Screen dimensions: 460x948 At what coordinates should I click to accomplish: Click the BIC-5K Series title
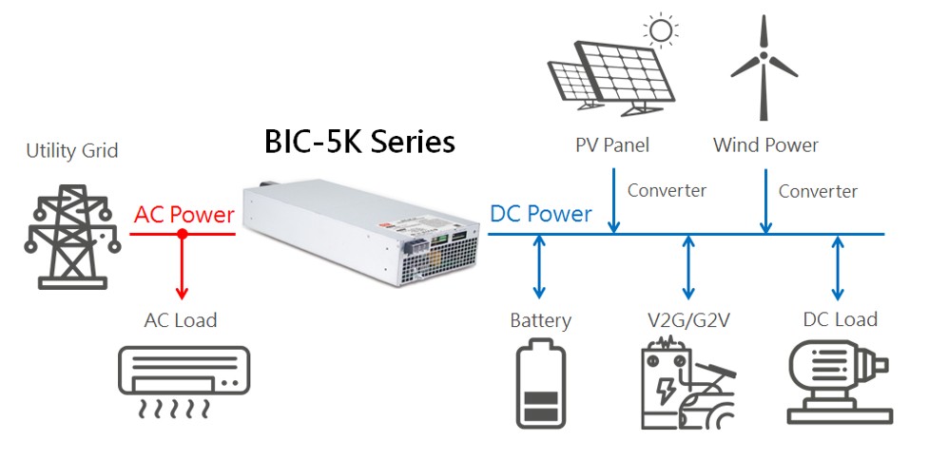pos(359,143)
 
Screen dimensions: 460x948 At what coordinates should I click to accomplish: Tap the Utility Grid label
pos(72,150)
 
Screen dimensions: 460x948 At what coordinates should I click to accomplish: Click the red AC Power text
pos(184,215)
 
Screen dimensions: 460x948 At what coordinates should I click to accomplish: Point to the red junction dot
pos(181,234)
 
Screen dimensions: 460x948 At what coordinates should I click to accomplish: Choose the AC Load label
pos(181,319)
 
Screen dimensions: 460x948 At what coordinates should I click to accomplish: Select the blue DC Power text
pos(541,214)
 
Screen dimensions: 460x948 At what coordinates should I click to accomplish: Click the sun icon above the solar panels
pos(658,29)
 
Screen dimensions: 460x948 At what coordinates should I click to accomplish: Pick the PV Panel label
pos(612,145)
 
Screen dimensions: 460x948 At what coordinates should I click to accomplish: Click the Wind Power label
pos(765,145)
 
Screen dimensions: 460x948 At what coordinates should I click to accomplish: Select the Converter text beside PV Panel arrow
pos(667,191)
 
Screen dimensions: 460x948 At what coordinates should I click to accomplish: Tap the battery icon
pos(540,386)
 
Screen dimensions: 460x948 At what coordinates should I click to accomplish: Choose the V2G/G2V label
pos(686,319)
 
